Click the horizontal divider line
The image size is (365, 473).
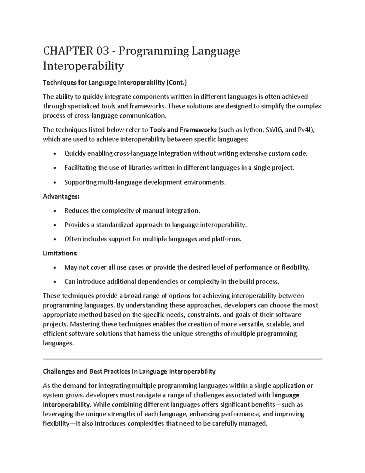tap(182, 359)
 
